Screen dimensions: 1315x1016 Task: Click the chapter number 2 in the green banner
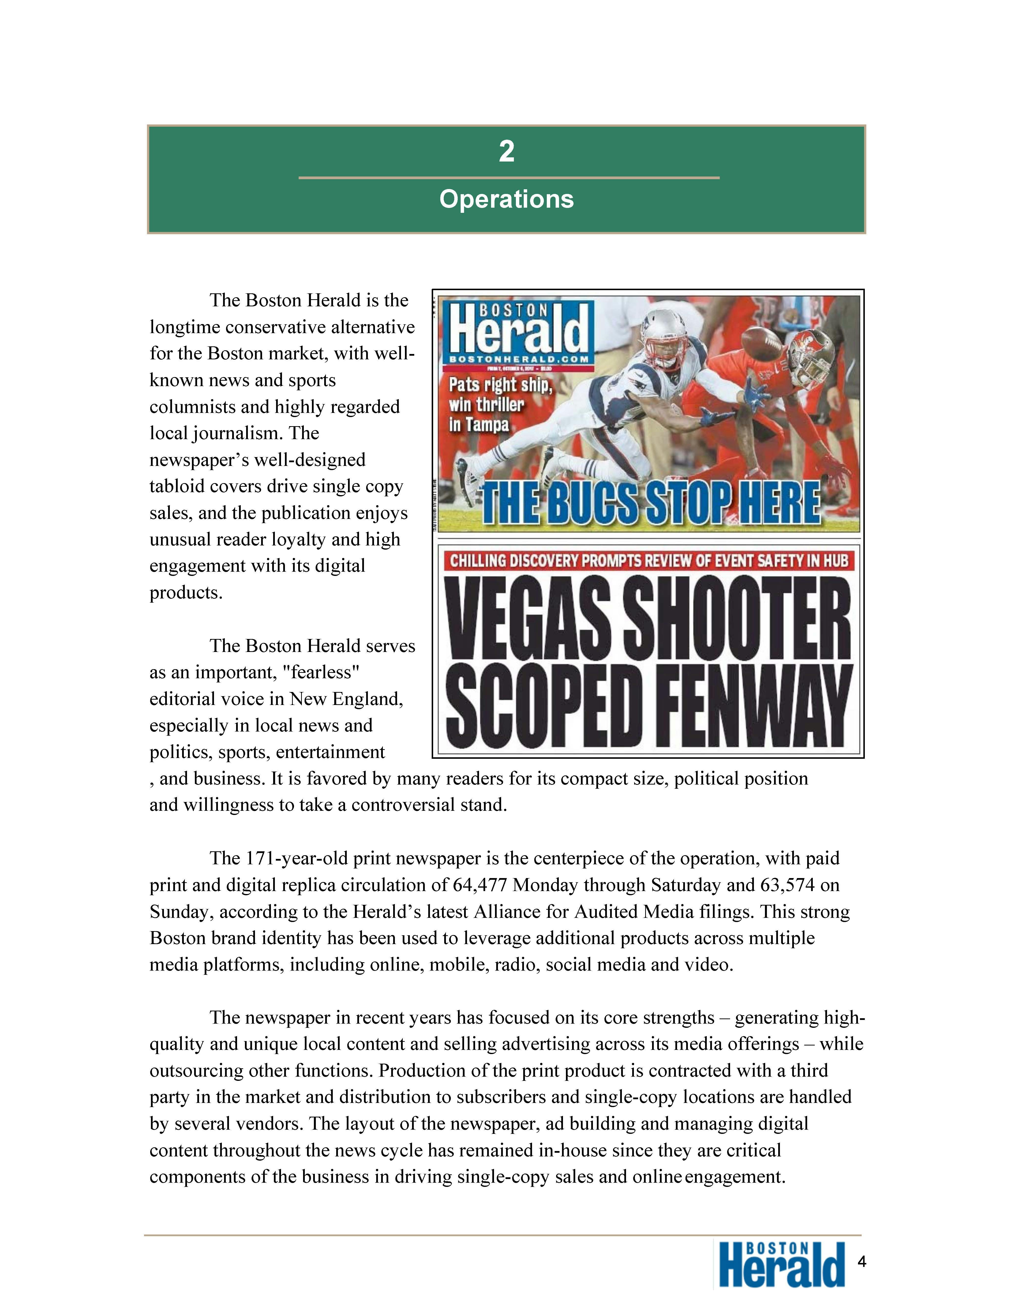click(x=506, y=152)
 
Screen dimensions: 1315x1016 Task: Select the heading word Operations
click(x=506, y=199)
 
